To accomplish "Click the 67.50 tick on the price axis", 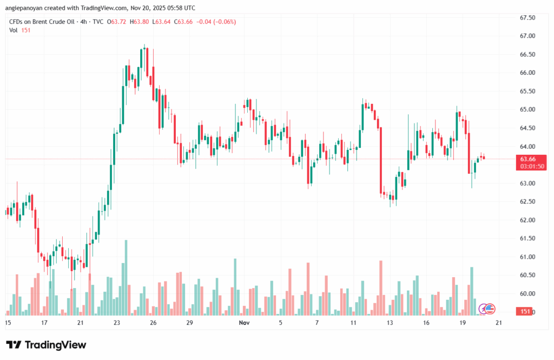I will click(527, 18).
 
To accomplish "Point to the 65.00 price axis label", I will click(527, 109).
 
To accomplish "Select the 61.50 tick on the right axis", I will click(527, 238).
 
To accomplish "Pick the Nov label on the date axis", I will click(244, 323).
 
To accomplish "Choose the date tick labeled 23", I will click(117, 323).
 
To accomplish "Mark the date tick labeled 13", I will click(390, 323).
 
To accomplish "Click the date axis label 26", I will click(154, 323).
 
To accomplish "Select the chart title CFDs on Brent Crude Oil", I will click(41, 22).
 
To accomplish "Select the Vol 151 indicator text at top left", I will click(19, 30).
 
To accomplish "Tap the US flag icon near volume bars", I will click(490, 309).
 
